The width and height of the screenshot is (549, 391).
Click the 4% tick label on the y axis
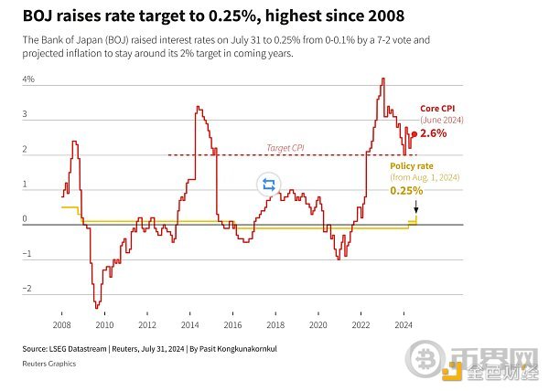coord(28,80)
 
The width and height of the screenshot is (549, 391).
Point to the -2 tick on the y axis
coord(27,290)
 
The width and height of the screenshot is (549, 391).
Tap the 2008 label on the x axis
coord(62,325)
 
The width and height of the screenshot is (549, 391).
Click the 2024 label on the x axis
coord(403,325)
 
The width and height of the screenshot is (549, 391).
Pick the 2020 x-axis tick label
coord(318,325)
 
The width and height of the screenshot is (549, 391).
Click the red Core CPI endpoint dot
coord(414,133)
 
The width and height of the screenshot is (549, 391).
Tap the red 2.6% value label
coord(434,133)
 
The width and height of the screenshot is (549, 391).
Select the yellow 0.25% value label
coord(406,191)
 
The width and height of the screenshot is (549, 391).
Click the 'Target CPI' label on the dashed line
coord(285,147)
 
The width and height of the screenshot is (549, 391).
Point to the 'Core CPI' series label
coord(437,108)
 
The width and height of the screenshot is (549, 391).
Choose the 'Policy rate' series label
coord(411,164)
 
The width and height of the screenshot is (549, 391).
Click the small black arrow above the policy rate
coord(416,207)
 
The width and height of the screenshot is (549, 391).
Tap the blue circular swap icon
coord(268,185)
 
